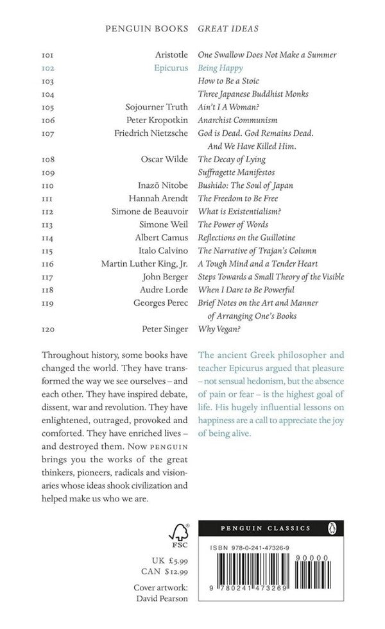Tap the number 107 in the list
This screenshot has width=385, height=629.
coord(48,134)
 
